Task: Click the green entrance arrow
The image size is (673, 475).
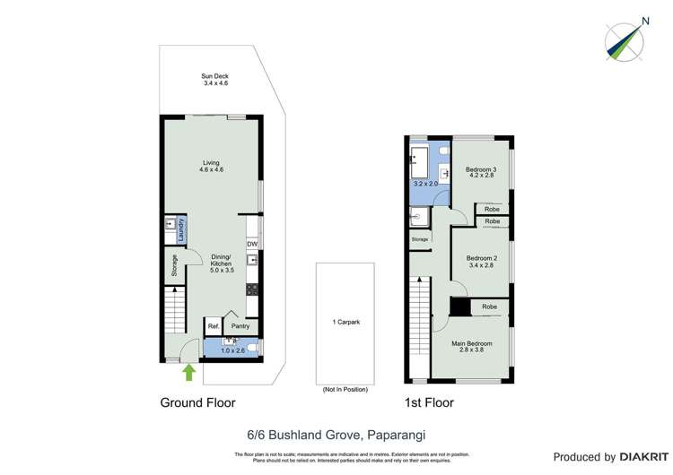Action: point(188,371)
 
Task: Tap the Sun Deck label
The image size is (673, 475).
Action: point(215,78)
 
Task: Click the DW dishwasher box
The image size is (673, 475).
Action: point(252,244)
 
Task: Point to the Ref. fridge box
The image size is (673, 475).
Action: point(214,326)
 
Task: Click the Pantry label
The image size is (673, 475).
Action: point(240,326)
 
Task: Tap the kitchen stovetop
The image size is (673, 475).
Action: point(253,289)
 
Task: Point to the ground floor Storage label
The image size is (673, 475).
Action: point(174,266)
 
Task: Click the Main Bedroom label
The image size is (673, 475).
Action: point(471,343)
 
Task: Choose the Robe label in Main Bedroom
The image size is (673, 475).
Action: point(489,307)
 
